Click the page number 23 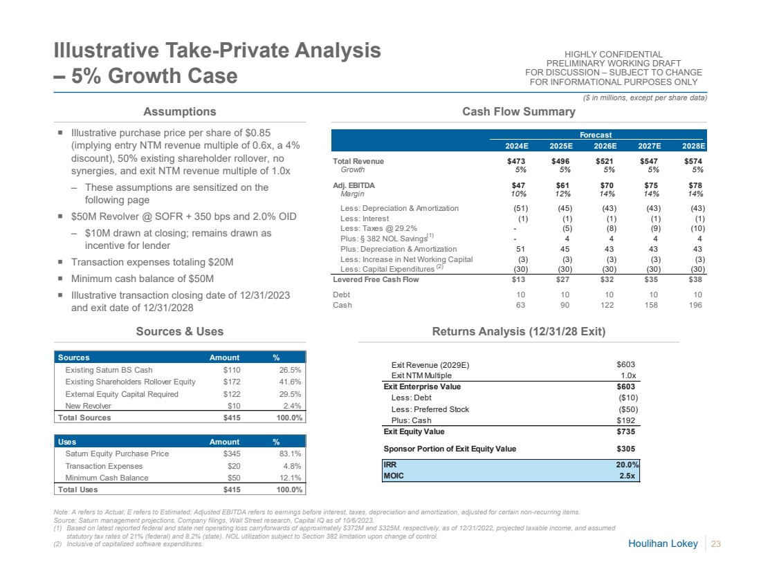coord(716,545)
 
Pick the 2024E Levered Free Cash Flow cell coord(520,279)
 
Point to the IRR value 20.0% coord(627,465)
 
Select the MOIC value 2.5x coord(628,476)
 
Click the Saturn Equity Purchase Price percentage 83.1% coord(291,454)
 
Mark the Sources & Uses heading coord(179,332)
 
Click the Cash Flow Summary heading coord(519,112)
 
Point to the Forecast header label coord(596,135)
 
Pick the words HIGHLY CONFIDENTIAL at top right coord(614,55)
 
